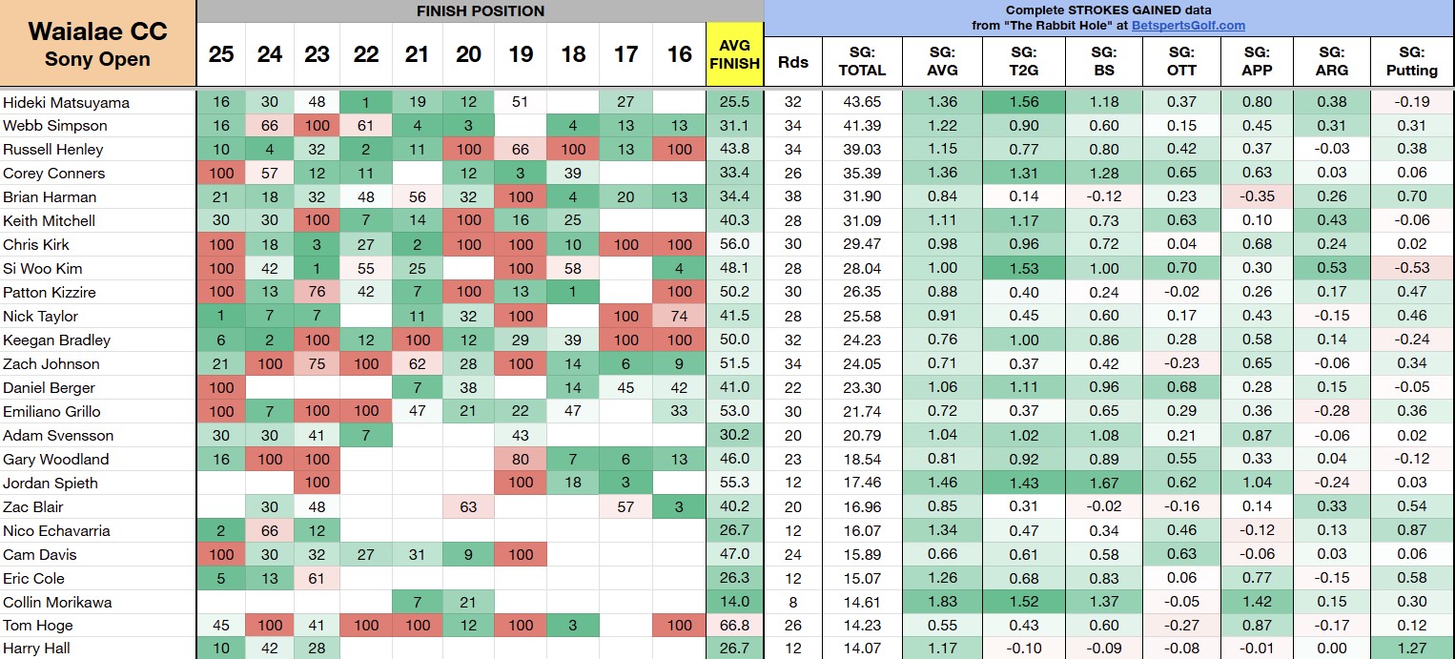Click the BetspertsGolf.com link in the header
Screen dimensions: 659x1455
click(1188, 26)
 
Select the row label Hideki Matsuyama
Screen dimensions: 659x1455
click(66, 102)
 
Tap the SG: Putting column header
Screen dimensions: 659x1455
click(1412, 61)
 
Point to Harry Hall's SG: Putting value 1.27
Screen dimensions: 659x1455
click(1412, 649)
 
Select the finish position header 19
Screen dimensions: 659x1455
click(520, 54)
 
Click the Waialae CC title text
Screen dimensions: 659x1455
click(97, 31)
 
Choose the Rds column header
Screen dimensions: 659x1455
click(792, 61)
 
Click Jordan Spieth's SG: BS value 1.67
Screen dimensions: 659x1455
click(1102, 483)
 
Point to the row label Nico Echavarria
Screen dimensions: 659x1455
click(57, 530)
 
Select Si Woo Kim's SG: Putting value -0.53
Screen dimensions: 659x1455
click(1412, 268)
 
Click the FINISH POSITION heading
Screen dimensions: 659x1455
click(481, 11)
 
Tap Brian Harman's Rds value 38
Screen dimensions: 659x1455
click(792, 197)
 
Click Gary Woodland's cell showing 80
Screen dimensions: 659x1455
click(520, 459)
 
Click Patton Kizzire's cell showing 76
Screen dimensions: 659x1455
click(317, 292)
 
